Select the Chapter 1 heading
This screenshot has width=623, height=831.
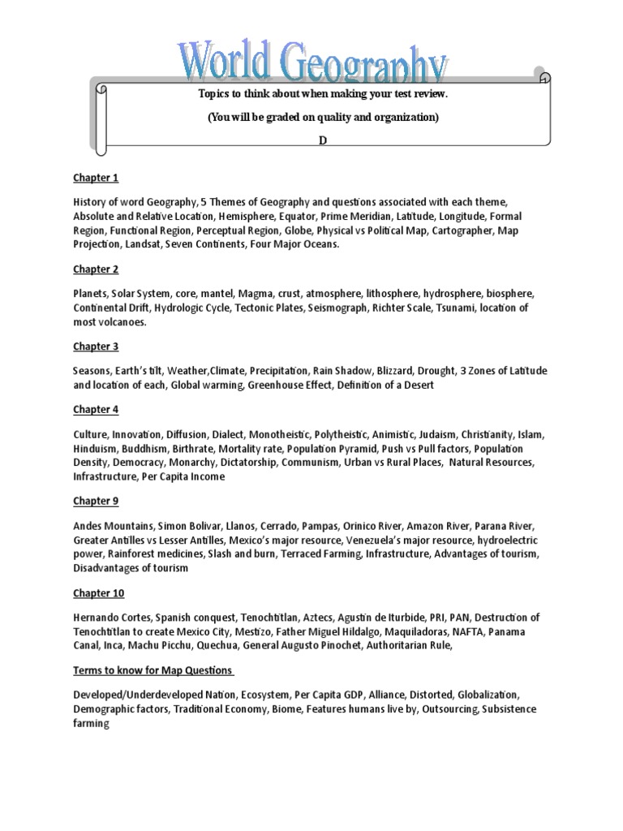96,178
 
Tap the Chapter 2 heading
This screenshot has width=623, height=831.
96,269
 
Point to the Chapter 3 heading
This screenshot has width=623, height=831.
96,347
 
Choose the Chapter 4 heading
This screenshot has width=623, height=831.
96,410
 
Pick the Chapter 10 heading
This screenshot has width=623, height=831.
99,592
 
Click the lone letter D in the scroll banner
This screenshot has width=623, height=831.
323,140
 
